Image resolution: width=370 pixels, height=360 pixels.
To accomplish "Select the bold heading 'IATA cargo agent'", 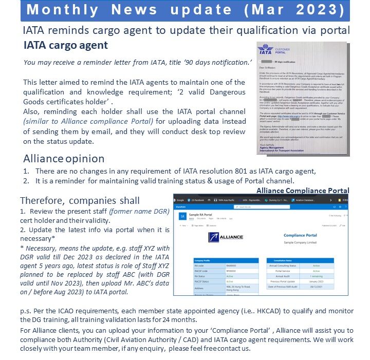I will click(x=66, y=45).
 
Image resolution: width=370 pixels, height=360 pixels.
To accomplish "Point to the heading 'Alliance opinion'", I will click(x=64, y=159).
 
